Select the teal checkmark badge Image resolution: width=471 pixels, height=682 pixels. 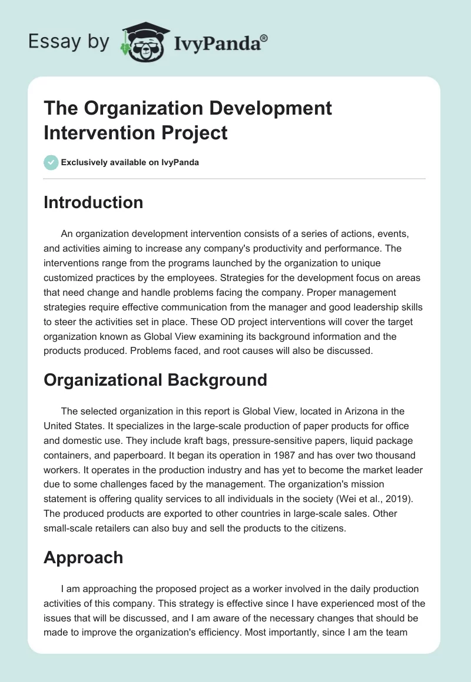(51, 162)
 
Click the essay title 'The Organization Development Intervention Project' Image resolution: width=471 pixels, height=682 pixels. (188, 121)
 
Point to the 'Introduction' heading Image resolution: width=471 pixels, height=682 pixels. (93, 202)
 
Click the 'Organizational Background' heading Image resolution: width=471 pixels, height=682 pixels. (155, 380)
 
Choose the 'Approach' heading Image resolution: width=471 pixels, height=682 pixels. (83, 557)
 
